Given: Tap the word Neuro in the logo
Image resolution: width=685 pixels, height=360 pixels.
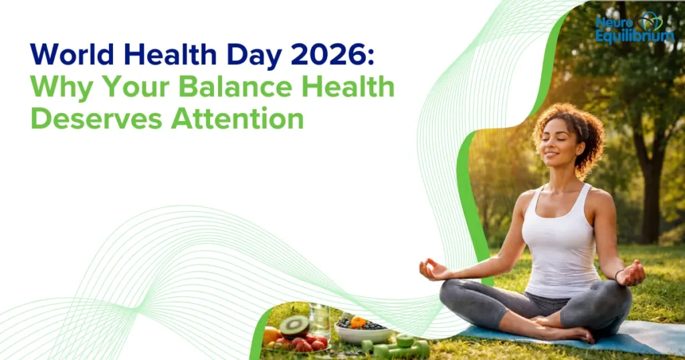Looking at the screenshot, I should click(611, 22).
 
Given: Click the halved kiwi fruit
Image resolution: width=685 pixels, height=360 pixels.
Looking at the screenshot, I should click(294, 326).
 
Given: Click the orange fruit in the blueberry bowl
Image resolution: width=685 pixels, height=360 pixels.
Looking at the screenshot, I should click(359, 321).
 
